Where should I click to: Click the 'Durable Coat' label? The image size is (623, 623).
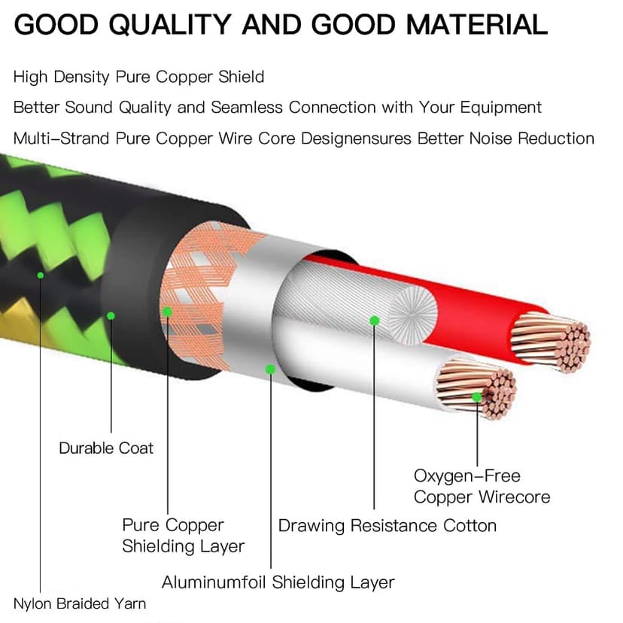point(106,448)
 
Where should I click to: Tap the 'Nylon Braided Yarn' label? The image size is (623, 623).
point(80,603)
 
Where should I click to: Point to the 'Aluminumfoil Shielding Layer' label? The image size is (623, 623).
point(278,582)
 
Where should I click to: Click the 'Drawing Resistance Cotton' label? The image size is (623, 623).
point(387,525)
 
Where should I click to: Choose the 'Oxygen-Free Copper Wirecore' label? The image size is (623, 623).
point(482,486)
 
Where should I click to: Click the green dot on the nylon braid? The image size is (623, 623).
point(41,275)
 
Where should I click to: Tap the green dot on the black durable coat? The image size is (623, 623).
point(111,316)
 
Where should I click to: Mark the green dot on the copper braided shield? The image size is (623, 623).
point(167,311)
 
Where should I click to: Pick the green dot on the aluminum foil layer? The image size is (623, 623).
point(270,369)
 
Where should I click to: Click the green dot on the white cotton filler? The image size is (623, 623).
point(374,321)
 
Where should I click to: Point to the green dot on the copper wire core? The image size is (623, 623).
point(476,396)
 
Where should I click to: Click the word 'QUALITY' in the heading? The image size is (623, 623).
point(170,25)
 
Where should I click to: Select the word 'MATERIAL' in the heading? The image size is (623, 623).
point(477,25)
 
